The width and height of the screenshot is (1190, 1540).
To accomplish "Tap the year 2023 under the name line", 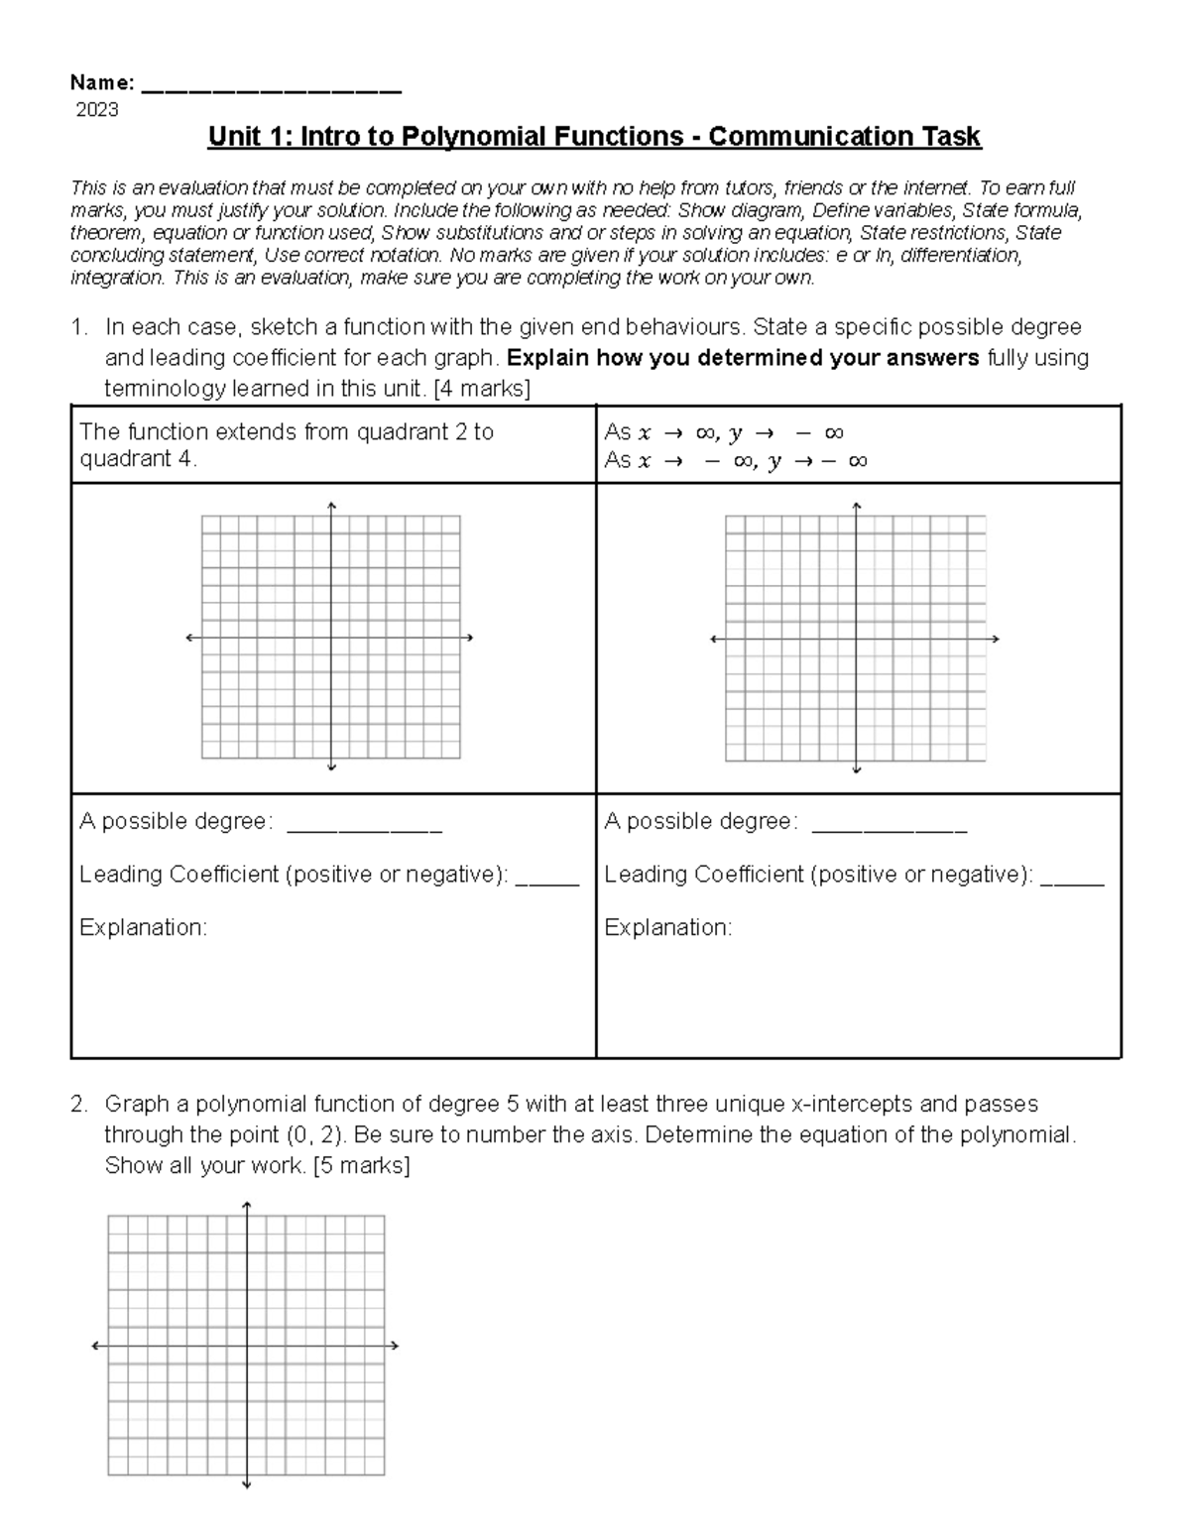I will coord(97,110).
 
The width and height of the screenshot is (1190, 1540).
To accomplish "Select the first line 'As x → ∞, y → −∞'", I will coord(723,432).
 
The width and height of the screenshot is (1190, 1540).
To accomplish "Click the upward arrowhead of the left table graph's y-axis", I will coord(331,506).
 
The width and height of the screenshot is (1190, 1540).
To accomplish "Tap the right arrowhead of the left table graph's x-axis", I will coord(469,638).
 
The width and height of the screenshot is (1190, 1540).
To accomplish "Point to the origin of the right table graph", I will coord(856,640).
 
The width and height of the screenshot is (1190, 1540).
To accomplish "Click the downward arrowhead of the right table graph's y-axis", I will coord(856,770).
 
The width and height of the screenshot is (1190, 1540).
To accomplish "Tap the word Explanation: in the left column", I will coord(143,928).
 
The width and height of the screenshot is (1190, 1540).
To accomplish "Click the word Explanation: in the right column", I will coord(667,928).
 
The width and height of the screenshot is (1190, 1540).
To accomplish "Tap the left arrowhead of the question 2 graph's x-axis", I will coord(95,1346).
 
